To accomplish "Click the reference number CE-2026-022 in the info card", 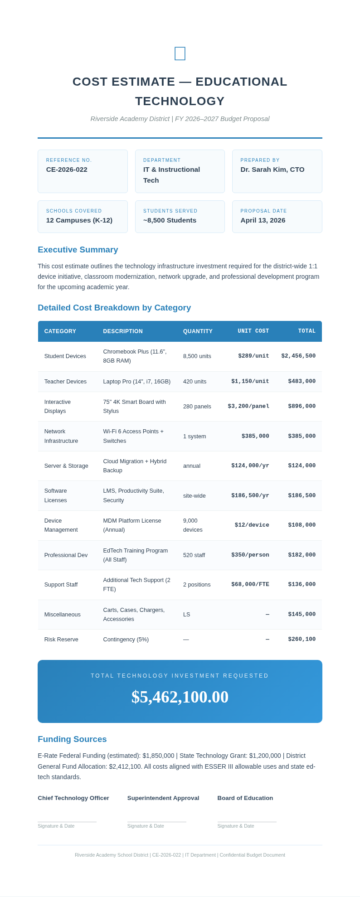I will click(x=67, y=170).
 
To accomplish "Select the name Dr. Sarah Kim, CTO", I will click(x=272, y=170).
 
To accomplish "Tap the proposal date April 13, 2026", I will click(x=263, y=220).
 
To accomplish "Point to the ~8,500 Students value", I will click(x=170, y=220).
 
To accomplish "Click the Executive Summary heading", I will click(x=78, y=250).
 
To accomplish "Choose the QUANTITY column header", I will click(x=198, y=331).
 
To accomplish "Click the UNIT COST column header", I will click(x=253, y=331).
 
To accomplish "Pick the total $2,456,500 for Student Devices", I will click(x=298, y=356).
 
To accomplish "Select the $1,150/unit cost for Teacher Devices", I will click(x=250, y=382).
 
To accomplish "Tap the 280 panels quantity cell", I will click(x=197, y=407).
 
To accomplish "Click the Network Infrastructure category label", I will click(x=61, y=436).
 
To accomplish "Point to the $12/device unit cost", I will click(x=252, y=525).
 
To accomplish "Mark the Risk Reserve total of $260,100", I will click(x=302, y=640).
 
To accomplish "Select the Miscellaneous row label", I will click(x=62, y=615).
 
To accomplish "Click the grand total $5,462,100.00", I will click(x=180, y=697).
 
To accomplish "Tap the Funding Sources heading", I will click(x=72, y=739).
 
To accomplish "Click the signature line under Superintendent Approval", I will click(x=156, y=821).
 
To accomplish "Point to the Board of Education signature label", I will click(x=245, y=798).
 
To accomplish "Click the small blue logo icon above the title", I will click(x=180, y=53).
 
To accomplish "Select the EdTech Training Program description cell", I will click(x=135, y=555).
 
